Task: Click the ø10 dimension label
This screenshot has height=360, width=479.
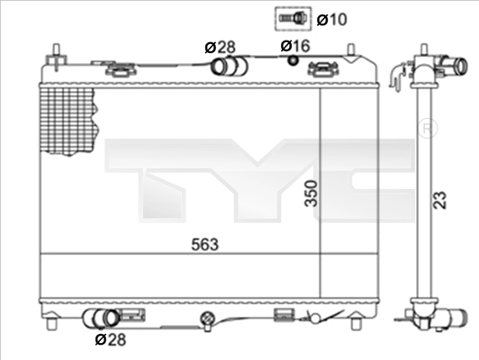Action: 331,20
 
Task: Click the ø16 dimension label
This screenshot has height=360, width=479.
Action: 295,46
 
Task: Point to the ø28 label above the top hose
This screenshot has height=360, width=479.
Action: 220,47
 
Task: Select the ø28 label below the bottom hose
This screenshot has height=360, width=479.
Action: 111,339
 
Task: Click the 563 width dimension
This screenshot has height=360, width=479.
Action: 204,244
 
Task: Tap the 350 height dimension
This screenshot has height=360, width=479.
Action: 312,193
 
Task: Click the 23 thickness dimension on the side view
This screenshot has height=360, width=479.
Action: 440,200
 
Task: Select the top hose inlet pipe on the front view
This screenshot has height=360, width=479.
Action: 229,67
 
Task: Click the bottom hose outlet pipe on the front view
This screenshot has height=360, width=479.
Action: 102,319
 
